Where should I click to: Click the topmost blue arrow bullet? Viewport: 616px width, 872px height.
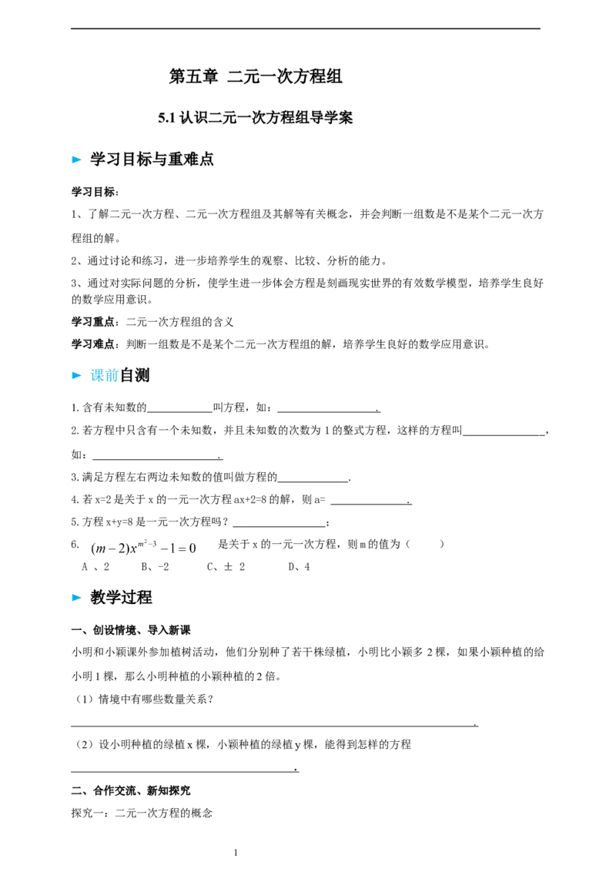click(x=76, y=160)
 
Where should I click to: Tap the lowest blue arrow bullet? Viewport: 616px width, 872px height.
click(x=76, y=598)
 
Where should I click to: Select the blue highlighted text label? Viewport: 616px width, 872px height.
click(x=104, y=376)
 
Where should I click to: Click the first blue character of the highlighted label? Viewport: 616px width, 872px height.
click(x=95, y=376)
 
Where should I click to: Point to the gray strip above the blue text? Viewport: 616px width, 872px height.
click(x=102, y=367)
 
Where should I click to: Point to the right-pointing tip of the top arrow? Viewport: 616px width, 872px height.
click(x=82, y=160)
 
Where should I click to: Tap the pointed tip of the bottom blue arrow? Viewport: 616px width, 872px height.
click(x=82, y=598)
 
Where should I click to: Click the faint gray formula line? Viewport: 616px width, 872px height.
click(x=142, y=548)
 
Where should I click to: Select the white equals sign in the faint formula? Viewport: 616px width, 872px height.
click(x=182, y=549)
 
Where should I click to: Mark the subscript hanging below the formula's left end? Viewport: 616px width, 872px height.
click(x=95, y=555)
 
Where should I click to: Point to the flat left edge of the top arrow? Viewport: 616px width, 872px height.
click(x=72, y=160)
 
